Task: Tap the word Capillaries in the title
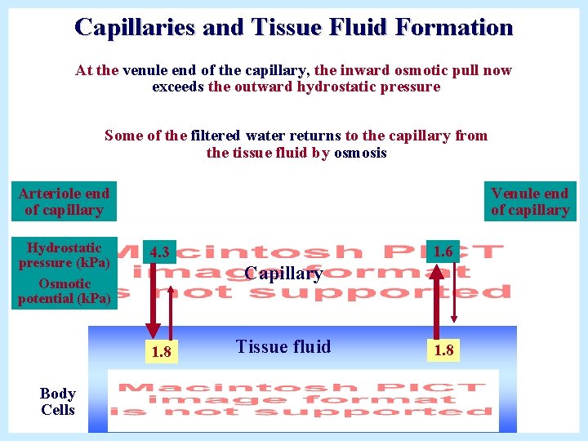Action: pyautogui.click(x=135, y=27)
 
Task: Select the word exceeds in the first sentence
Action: pyautogui.click(x=178, y=87)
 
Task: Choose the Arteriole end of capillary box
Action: pyautogui.click(x=64, y=201)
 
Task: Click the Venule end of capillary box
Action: pyautogui.click(x=529, y=201)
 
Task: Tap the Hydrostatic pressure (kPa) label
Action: pyautogui.click(x=64, y=255)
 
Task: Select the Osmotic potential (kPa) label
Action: pyautogui.click(x=64, y=291)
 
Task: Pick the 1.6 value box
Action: pyautogui.click(x=443, y=252)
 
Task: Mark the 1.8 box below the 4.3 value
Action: pyautogui.click(x=161, y=352)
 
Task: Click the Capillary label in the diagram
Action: pyautogui.click(x=283, y=274)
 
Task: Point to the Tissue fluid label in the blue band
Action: pyautogui.click(x=283, y=346)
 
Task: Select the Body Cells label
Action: pyautogui.click(x=57, y=402)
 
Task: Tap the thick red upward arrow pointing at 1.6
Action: pyautogui.click(x=438, y=302)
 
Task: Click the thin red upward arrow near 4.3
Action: pyautogui.click(x=170, y=310)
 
